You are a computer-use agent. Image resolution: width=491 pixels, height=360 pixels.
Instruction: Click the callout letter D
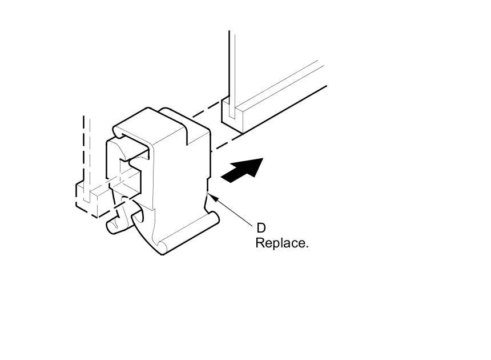260,229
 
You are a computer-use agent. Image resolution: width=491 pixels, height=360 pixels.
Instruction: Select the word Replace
281,243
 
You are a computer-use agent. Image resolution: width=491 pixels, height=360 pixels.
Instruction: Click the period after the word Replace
307,246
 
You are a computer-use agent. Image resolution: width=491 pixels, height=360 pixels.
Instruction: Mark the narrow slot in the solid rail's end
232,111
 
